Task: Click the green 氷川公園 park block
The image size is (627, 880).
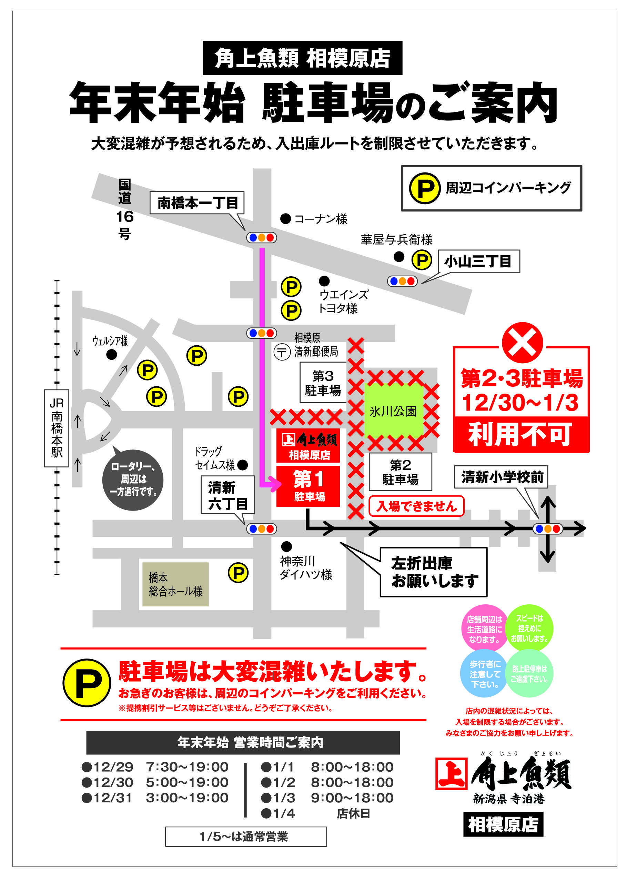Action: point(393,411)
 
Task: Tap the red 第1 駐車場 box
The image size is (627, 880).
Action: point(308,486)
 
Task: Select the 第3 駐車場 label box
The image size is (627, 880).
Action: point(323,383)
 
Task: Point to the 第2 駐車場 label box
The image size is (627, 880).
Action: point(401,472)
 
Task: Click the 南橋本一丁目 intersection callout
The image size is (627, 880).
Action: point(197,202)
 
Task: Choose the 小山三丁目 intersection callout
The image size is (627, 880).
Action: point(478,261)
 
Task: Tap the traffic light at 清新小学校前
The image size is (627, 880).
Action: point(547,529)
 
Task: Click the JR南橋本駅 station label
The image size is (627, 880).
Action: point(57,428)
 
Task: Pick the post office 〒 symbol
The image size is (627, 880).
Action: point(282,352)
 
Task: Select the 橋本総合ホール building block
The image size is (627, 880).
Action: point(176,584)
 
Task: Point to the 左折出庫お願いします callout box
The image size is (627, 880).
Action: point(434,572)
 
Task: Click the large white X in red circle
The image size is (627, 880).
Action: point(522,342)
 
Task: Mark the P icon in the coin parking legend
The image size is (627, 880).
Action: point(425,188)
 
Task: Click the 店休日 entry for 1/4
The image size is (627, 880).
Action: point(353,813)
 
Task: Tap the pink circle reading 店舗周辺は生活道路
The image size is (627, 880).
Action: point(485,629)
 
